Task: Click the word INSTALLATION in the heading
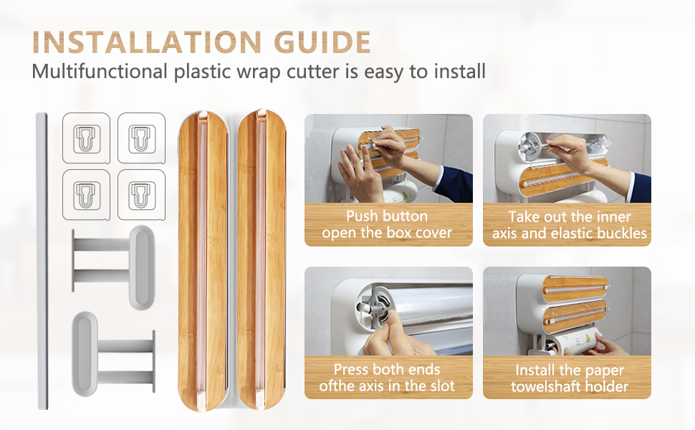click(147, 42)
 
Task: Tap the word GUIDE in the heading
click(322, 42)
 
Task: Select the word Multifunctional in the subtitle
click(100, 72)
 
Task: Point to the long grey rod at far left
click(42, 262)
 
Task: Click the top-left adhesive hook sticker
click(87, 138)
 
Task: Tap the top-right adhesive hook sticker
click(141, 138)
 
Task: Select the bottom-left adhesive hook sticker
click(87, 195)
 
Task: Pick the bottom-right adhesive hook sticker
click(141, 195)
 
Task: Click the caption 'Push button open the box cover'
click(387, 224)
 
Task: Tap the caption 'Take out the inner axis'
click(570, 216)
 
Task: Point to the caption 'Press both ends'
click(387, 369)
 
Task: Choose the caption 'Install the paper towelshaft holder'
click(570, 378)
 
